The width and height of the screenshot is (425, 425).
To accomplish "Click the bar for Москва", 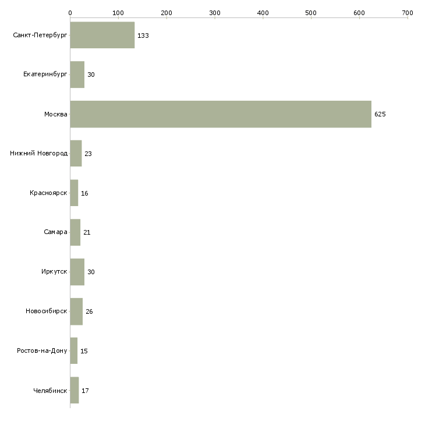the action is (221, 114).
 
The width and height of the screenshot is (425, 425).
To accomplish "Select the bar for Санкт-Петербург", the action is (102, 35).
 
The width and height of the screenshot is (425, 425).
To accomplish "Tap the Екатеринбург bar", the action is (77, 75).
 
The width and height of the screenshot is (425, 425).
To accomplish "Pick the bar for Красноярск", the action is (74, 193).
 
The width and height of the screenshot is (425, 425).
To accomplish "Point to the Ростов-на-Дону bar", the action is (74, 350).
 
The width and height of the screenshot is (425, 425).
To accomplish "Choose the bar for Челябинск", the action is (75, 390).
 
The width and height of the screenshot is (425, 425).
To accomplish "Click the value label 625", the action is (380, 114).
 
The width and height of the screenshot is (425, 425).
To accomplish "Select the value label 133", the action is (143, 36).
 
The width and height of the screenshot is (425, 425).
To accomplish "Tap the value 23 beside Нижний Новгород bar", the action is (88, 154).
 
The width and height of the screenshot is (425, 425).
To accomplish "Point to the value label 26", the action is (89, 311).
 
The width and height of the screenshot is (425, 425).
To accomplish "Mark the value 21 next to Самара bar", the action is (87, 232).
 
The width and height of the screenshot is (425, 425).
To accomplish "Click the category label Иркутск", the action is (54, 271).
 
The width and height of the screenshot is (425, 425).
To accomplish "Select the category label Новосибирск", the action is (47, 311).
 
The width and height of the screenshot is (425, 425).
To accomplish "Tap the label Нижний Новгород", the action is (39, 153).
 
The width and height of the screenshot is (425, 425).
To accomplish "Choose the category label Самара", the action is (55, 232).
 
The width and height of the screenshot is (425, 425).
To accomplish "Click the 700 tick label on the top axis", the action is (408, 13).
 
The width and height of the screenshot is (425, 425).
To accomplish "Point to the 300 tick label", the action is (215, 13).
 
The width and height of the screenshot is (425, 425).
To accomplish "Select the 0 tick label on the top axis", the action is (70, 13).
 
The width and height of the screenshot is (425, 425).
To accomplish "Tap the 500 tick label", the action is (311, 13).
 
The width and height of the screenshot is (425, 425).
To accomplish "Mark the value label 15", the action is (84, 351).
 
